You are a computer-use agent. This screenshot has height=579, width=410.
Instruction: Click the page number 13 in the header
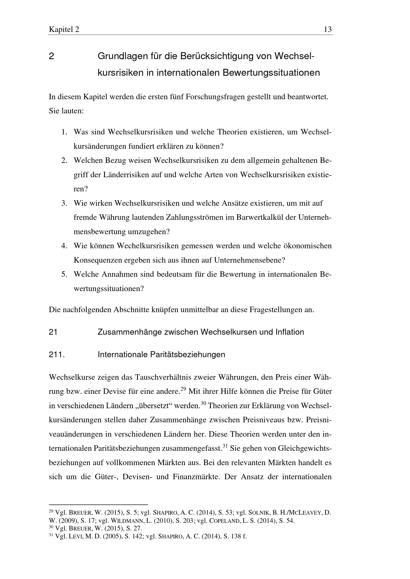click(x=327, y=30)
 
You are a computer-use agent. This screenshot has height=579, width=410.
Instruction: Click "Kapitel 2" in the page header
click(x=64, y=30)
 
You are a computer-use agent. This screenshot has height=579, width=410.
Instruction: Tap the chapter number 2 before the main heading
click(x=51, y=56)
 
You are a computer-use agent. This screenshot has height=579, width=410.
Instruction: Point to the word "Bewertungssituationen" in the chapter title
click(x=271, y=73)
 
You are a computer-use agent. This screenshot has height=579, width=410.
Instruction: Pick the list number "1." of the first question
click(x=64, y=132)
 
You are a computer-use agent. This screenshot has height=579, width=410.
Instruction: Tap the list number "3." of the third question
click(x=64, y=203)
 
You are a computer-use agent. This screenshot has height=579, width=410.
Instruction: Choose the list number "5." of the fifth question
click(x=64, y=274)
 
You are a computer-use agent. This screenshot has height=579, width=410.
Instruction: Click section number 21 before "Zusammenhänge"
click(x=53, y=332)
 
